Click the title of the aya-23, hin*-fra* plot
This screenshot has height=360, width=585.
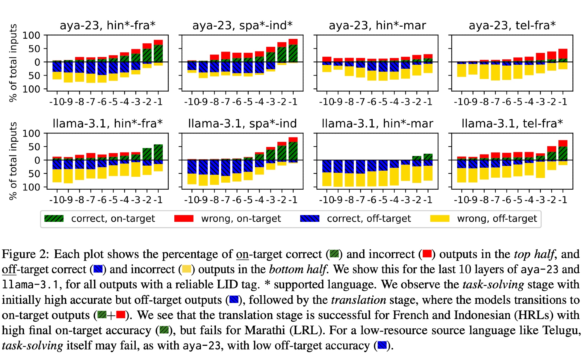point(107,25)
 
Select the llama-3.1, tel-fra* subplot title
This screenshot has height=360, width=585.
point(512,124)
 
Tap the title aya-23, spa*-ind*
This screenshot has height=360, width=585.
point(242,25)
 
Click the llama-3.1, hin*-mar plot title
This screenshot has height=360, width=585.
point(377,124)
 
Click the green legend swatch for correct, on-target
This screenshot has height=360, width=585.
point(54,219)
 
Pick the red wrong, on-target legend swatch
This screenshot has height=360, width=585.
point(184,219)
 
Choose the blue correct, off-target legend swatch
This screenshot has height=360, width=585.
point(309,219)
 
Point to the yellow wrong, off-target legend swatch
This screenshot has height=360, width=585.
point(440,219)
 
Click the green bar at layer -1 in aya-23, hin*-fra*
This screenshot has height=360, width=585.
point(158,53)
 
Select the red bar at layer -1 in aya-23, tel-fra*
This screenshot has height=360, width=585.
point(563,54)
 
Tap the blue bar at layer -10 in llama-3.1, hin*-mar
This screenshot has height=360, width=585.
point(327,166)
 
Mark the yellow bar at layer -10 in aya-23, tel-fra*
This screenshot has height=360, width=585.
point(462,70)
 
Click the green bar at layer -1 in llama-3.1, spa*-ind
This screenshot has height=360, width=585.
point(293,151)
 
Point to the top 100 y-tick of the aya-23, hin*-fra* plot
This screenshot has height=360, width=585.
point(31,35)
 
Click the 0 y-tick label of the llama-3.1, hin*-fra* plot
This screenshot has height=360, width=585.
point(37,160)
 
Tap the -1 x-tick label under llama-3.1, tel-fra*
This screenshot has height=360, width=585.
point(563,200)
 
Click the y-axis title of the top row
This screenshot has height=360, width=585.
point(13,63)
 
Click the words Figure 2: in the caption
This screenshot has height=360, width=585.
point(25,254)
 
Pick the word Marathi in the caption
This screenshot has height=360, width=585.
point(265,330)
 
